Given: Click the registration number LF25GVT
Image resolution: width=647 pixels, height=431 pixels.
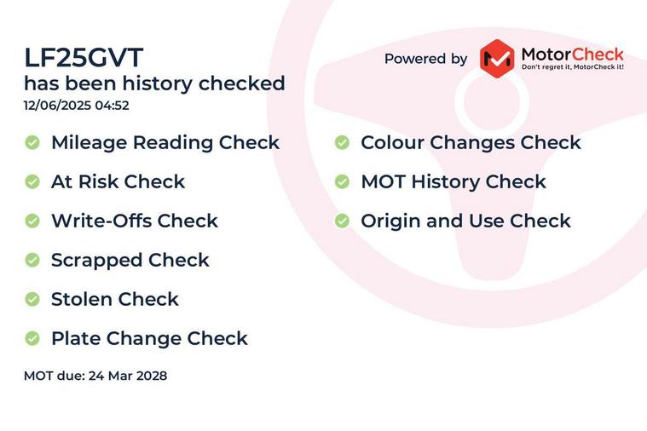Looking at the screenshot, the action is point(84,57).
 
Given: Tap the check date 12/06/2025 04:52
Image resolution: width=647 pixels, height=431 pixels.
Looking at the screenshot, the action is point(77,105).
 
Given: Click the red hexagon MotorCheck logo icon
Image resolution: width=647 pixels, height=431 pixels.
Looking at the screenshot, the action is point(497,59).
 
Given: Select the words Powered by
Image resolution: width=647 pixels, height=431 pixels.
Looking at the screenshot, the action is point(425,59).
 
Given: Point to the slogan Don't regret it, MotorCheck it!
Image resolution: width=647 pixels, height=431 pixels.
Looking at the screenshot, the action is point(572,66).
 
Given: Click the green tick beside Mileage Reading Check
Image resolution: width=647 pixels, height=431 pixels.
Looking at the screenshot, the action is point(32,142).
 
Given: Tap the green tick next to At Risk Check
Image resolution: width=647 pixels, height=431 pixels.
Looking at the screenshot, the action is point(32,181).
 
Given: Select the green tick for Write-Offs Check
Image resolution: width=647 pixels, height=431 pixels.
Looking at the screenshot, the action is point(32,221).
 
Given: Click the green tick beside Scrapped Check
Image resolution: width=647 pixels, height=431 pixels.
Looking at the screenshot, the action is point(32,260).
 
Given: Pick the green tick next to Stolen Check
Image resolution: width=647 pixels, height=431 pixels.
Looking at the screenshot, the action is point(32,299).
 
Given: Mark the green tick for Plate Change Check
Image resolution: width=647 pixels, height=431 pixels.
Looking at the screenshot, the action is point(32,338).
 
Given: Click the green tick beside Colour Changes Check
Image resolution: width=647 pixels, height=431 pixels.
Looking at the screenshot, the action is point(342,142).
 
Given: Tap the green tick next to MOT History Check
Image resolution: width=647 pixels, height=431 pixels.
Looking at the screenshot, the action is point(342,181).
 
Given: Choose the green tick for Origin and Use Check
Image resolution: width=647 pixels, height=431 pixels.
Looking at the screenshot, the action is point(342,221).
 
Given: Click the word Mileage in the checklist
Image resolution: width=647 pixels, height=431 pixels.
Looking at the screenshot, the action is point(89,144).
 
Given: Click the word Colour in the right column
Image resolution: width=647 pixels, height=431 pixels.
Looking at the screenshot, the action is point(392,143).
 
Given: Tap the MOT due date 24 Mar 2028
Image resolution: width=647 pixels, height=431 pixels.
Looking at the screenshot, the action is point(128,376).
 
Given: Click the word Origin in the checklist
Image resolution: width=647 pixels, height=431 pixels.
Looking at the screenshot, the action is point(390,222).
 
